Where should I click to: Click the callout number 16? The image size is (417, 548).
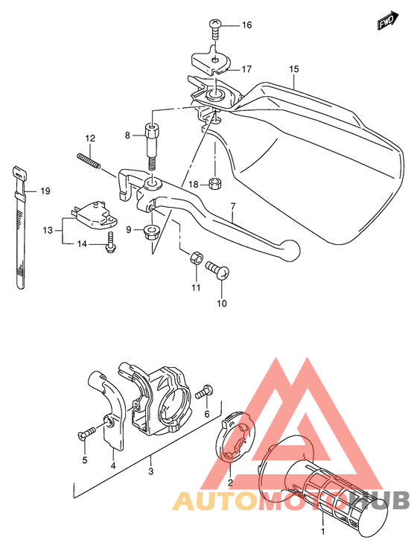pyautogui.click(x=246, y=25)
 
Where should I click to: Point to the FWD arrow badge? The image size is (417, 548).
pyautogui.click(x=386, y=22)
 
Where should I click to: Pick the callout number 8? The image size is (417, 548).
pyautogui.click(x=127, y=135)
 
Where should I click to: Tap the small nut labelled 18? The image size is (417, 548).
pyautogui.click(x=214, y=184)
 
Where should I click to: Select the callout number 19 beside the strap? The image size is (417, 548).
pyautogui.click(x=45, y=191)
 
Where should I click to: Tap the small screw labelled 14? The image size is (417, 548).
pyautogui.click(x=110, y=241)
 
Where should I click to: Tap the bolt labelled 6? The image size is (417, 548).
pyautogui.click(x=206, y=390)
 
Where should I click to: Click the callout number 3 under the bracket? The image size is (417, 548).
pyautogui.click(x=151, y=471)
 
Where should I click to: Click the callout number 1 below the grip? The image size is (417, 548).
pyautogui.click(x=322, y=532)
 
